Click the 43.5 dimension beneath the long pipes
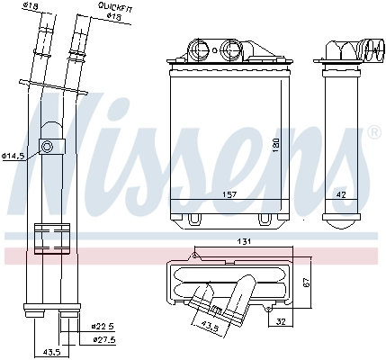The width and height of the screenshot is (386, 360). [52, 351]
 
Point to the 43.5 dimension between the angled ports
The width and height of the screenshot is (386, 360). [209, 325]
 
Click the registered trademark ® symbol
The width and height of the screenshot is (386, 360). [373, 131]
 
